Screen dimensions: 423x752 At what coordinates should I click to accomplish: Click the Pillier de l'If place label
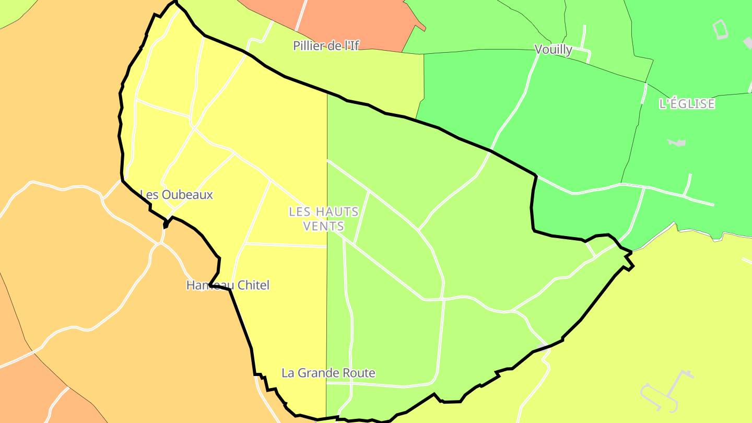tap(326, 45)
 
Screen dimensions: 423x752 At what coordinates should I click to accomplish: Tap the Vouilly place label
tap(553, 50)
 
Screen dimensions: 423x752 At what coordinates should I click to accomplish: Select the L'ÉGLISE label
tap(687, 104)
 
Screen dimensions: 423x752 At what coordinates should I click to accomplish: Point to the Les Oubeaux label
tap(178, 195)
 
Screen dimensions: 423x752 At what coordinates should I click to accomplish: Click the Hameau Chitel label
tap(228, 285)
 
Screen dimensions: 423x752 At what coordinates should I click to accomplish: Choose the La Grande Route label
tap(328, 373)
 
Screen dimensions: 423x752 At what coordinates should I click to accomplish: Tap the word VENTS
tap(324, 226)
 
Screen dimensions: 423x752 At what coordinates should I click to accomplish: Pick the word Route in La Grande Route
tap(359, 373)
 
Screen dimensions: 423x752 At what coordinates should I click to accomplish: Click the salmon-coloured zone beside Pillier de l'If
tap(355, 21)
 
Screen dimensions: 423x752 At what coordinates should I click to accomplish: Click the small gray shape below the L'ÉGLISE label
tap(677, 142)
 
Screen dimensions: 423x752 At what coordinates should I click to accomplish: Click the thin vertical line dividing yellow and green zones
tap(327, 313)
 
